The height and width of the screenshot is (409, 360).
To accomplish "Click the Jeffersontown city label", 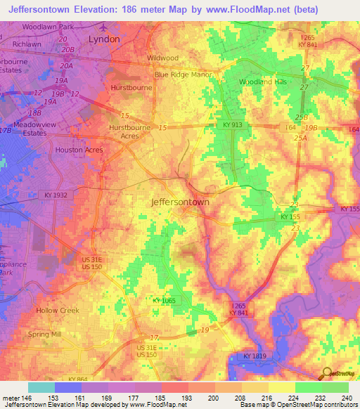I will click(181, 202).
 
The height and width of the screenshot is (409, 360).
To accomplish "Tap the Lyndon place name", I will click(104, 40).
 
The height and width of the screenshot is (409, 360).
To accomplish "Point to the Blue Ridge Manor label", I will click(183, 74).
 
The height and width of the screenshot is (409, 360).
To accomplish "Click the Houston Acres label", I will click(79, 150).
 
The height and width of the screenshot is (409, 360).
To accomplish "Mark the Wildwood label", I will click(162, 58).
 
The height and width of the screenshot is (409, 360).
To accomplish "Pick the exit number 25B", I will click(302, 117).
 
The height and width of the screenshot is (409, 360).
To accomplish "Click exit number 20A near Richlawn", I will click(66, 65).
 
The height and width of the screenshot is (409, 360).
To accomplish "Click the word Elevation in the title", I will click(94, 9).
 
